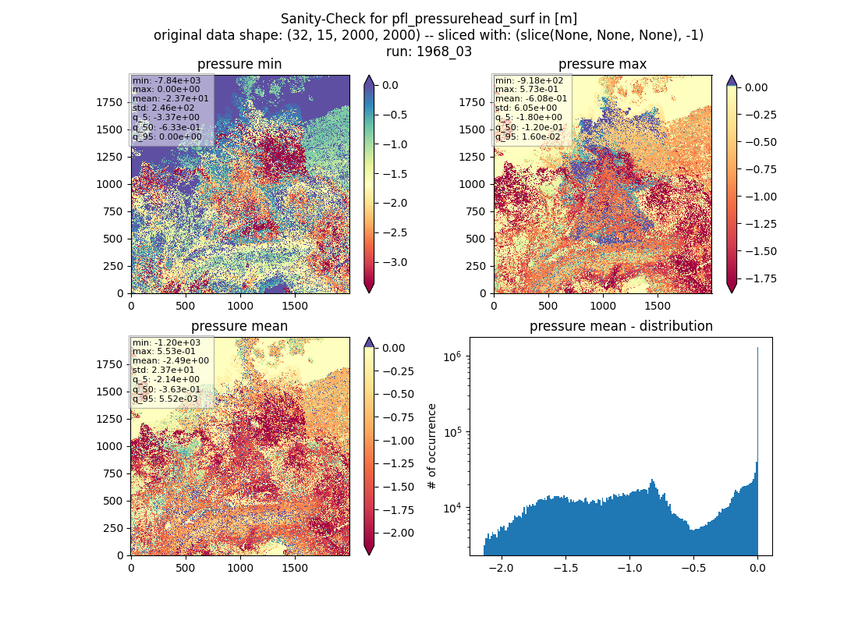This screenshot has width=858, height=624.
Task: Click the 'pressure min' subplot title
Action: click(x=239, y=64)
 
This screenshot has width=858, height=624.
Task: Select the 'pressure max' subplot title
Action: click(x=602, y=64)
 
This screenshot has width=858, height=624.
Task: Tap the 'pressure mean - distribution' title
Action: click(x=621, y=326)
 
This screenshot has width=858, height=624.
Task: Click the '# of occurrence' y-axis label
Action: click(x=432, y=446)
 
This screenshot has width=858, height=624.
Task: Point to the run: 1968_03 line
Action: click(x=428, y=51)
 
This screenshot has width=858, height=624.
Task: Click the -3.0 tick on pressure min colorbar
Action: click(x=395, y=262)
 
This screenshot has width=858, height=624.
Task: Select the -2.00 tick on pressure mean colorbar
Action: click(x=398, y=534)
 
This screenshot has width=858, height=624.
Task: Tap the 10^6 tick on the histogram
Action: click(x=452, y=356)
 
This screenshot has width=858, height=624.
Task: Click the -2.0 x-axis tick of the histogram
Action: click(x=502, y=568)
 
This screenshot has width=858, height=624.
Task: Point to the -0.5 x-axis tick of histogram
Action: click(x=693, y=568)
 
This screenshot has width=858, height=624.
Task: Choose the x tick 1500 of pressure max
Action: click(x=658, y=306)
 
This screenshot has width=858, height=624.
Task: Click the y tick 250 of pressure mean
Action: click(x=116, y=528)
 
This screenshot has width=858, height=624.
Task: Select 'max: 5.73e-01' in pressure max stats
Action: click(x=526, y=89)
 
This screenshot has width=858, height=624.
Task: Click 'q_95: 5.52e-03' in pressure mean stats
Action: click(x=166, y=399)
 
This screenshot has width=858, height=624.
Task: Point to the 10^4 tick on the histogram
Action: click(x=452, y=508)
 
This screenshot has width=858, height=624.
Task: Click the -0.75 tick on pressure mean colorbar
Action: click(x=398, y=417)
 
